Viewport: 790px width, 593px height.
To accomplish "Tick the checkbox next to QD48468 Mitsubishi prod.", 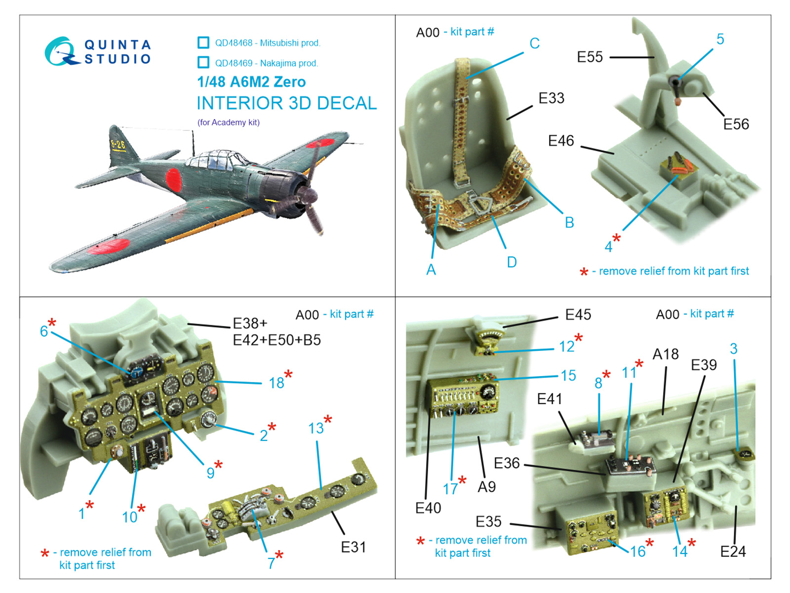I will (203, 42).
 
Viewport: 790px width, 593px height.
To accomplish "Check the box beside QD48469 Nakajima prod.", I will (203, 62).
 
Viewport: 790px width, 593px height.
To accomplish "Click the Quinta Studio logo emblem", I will (60, 51).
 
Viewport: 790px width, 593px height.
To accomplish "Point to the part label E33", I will (551, 98).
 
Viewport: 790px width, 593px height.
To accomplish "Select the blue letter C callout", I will (534, 43).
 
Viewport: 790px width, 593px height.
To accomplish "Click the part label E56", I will (736, 124).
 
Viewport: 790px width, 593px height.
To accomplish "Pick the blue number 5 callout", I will (720, 39).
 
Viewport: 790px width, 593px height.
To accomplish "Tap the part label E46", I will (561, 141).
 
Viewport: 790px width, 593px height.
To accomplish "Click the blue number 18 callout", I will (276, 383).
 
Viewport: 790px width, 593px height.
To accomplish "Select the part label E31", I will (353, 547).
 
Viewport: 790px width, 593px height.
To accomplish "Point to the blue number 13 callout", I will (316, 428).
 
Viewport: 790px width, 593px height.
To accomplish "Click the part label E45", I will (578, 315).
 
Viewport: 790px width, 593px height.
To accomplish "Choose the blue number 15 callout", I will (568, 376).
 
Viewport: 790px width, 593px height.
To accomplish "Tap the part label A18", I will (665, 354).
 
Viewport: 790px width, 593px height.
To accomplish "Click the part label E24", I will (733, 551).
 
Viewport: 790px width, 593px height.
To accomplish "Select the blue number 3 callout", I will (734, 349).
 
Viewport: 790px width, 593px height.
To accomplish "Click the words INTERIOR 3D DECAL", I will (286, 103).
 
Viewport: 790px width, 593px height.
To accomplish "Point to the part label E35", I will (488, 522).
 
